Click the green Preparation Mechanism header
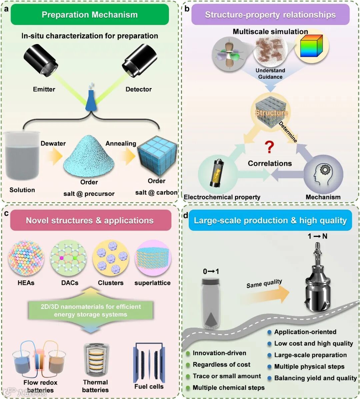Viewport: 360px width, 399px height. click(90, 15)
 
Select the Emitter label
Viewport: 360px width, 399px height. click(44, 89)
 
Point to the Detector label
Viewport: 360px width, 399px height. click(138, 89)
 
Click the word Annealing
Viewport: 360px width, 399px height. click(121, 143)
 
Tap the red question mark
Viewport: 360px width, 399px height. click(269, 147)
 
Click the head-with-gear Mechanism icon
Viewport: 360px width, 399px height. click(323, 174)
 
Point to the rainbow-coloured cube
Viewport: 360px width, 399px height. click(312, 47)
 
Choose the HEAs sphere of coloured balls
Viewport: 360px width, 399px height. click(26, 260)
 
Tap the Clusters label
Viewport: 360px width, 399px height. click(111, 283)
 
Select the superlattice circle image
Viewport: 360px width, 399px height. click(153, 260)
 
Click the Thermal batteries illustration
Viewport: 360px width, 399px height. click(95, 360)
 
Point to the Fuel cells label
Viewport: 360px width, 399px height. click(149, 387)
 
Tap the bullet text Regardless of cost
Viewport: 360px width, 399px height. click(221, 365)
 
